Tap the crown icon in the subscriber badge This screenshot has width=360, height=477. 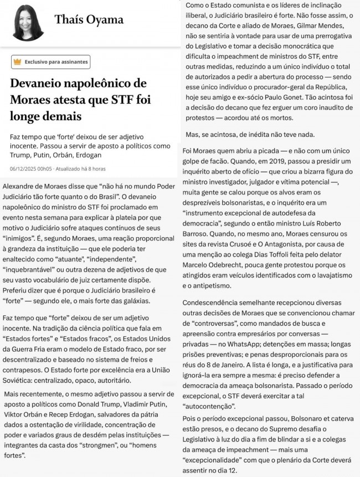tap(18, 62)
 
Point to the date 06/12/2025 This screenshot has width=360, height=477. tap(24, 168)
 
